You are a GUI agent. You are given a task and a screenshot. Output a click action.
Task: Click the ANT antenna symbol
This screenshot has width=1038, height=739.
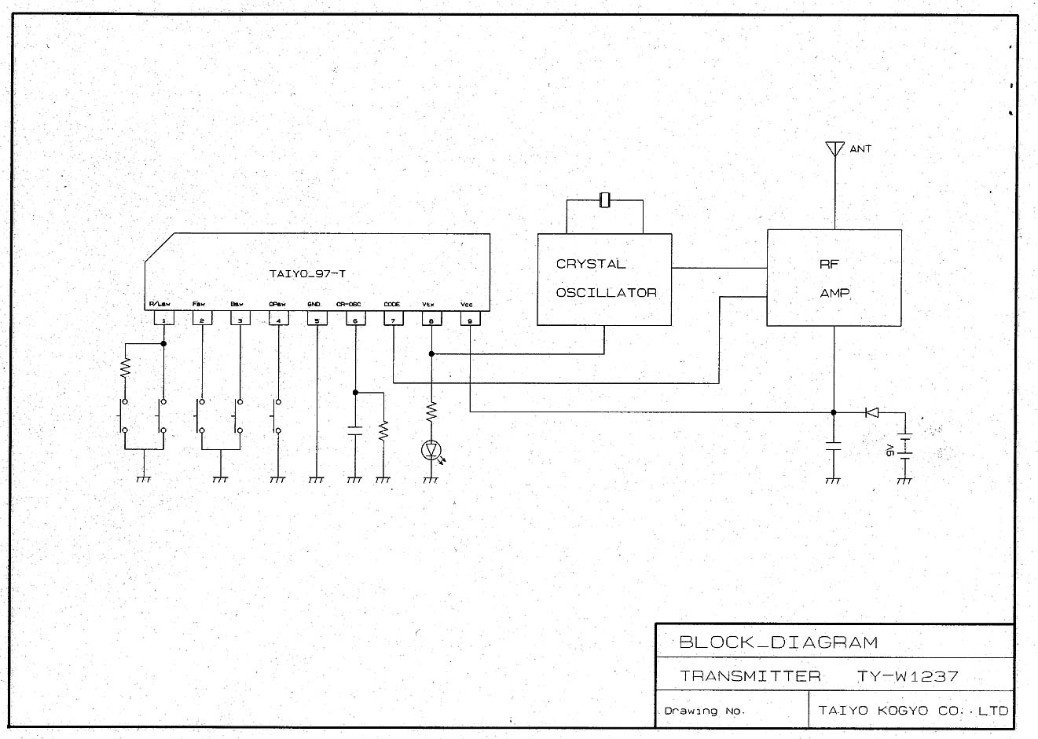834,148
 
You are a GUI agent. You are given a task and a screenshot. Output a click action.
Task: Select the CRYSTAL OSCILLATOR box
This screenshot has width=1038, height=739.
604,279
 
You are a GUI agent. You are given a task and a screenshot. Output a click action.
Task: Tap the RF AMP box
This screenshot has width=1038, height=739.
834,278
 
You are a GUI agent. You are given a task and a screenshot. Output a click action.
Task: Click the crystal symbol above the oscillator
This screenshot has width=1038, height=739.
604,200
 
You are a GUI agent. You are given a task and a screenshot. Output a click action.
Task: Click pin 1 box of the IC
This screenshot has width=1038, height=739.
163,319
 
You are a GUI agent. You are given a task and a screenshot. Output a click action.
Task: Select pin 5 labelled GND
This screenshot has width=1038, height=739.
317,319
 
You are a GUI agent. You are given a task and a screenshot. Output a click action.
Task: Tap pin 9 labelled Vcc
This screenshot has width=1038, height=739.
470,319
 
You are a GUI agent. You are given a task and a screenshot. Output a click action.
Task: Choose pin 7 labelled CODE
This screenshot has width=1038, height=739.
393,319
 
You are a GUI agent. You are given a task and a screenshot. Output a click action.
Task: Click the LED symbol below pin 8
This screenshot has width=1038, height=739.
431,450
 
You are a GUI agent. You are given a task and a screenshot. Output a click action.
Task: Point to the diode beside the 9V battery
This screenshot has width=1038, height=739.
871,412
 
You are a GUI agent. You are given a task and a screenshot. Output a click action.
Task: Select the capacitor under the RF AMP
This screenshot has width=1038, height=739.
834,447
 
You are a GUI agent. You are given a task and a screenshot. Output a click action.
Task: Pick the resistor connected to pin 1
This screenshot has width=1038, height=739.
124,368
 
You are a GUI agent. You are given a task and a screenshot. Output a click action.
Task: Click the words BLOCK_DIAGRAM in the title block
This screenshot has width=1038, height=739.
778,642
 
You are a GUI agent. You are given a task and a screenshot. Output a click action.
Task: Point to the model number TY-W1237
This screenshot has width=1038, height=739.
908,675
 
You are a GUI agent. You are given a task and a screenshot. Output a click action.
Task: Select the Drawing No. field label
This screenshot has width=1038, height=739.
704,711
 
